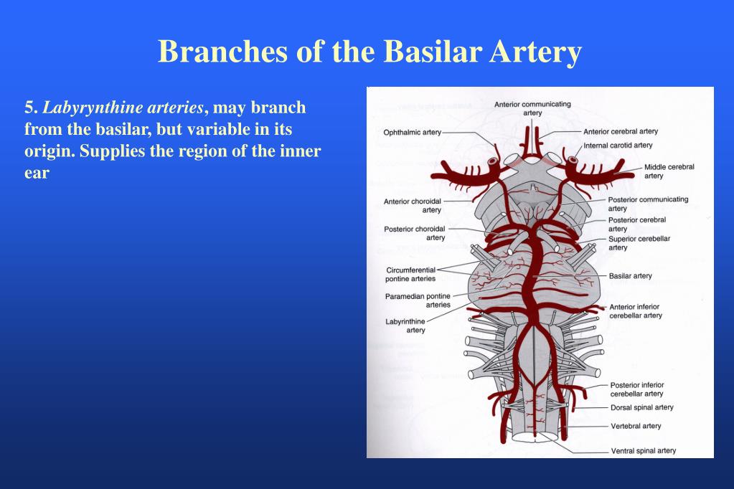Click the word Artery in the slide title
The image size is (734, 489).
(537, 52)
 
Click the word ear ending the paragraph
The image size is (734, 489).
(37, 174)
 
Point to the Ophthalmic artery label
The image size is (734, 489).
(412, 132)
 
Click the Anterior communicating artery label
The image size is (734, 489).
(532, 108)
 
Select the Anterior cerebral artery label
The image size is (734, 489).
(620, 131)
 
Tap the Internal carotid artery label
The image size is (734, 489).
(618, 145)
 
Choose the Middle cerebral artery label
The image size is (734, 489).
(669, 171)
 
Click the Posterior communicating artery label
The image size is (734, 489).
(648, 204)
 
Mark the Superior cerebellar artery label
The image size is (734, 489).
(639, 243)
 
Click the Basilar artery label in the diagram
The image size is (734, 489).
(630, 276)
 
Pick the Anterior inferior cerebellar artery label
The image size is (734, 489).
(636, 311)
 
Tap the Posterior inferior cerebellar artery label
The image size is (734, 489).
(636, 389)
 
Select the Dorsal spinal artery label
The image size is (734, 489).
(641, 407)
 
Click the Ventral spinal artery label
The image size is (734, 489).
(643, 451)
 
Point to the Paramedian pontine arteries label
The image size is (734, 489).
(418, 300)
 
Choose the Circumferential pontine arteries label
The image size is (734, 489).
(410, 275)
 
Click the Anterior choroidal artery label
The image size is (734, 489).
(413, 206)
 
